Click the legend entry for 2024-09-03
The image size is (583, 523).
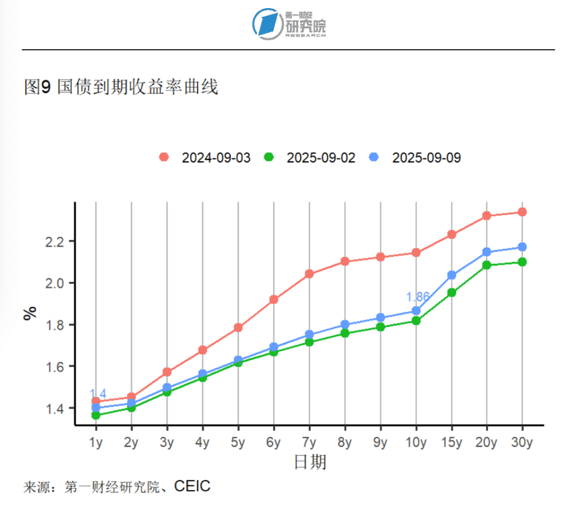[x=205, y=158]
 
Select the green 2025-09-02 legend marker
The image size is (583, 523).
[x=269, y=157]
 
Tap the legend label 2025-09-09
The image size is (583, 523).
[x=426, y=158]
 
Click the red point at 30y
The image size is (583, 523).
[x=522, y=212]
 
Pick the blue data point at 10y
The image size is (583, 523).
[x=416, y=311]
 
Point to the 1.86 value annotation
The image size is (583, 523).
[x=417, y=297]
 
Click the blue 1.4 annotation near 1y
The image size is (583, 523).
[x=98, y=393]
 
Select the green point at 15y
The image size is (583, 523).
[x=452, y=293]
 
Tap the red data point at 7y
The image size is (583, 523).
[x=309, y=274]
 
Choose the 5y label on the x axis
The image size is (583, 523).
[x=238, y=443]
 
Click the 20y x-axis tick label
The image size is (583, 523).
[x=486, y=443]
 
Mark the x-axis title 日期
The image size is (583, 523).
[x=310, y=462]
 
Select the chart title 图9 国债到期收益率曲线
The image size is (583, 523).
[x=121, y=87]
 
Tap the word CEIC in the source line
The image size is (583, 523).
[x=192, y=487]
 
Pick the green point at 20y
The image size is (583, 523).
[x=487, y=265]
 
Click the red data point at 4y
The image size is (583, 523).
[x=202, y=350]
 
